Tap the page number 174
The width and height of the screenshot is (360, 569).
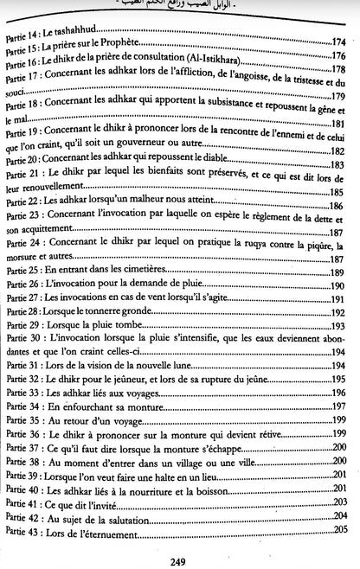coord(338,42)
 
